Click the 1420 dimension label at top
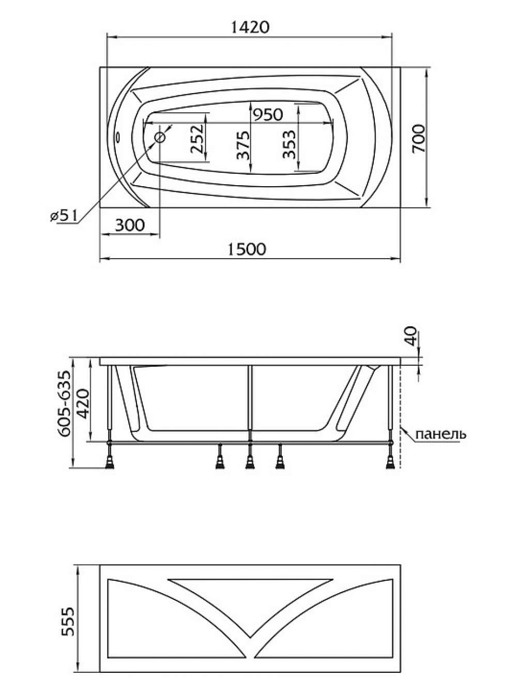click(x=250, y=27)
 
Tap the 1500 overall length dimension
click(x=247, y=249)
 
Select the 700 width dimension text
click(x=419, y=139)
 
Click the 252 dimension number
click(x=197, y=139)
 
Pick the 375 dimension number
click(x=242, y=145)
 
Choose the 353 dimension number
click(x=289, y=145)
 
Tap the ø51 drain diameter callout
click(x=64, y=216)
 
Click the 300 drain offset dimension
click(x=129, y=225)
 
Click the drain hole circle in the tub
click(x=160, y=138)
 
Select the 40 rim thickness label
click(x=410, y=336)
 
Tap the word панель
click(x=440, y=434)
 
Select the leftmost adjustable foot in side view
click(x=110, y=457)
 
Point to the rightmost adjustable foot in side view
click(x=391, y=457)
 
